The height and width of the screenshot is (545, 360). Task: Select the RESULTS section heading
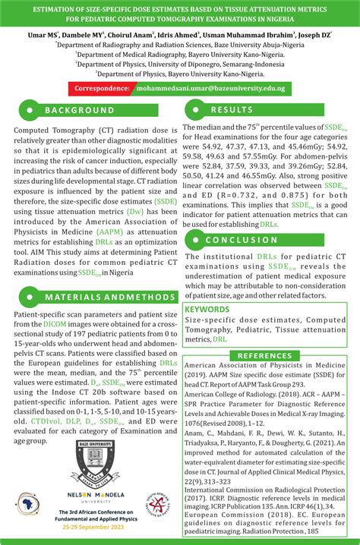coord(232,111)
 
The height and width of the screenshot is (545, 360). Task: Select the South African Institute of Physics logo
coord(156,508)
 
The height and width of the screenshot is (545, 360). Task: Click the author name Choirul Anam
coord(145,34)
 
